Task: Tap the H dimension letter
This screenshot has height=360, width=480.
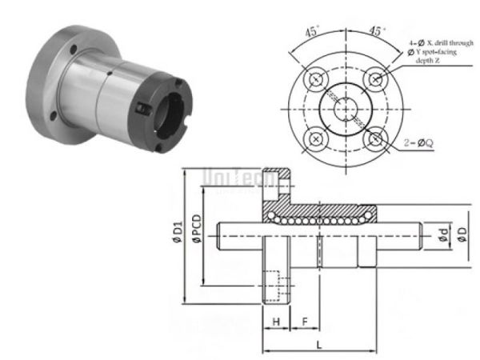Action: pyautogui.click(x=275, y=321)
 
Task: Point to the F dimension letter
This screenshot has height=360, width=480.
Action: pyautogui.click(x=304, y=321)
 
